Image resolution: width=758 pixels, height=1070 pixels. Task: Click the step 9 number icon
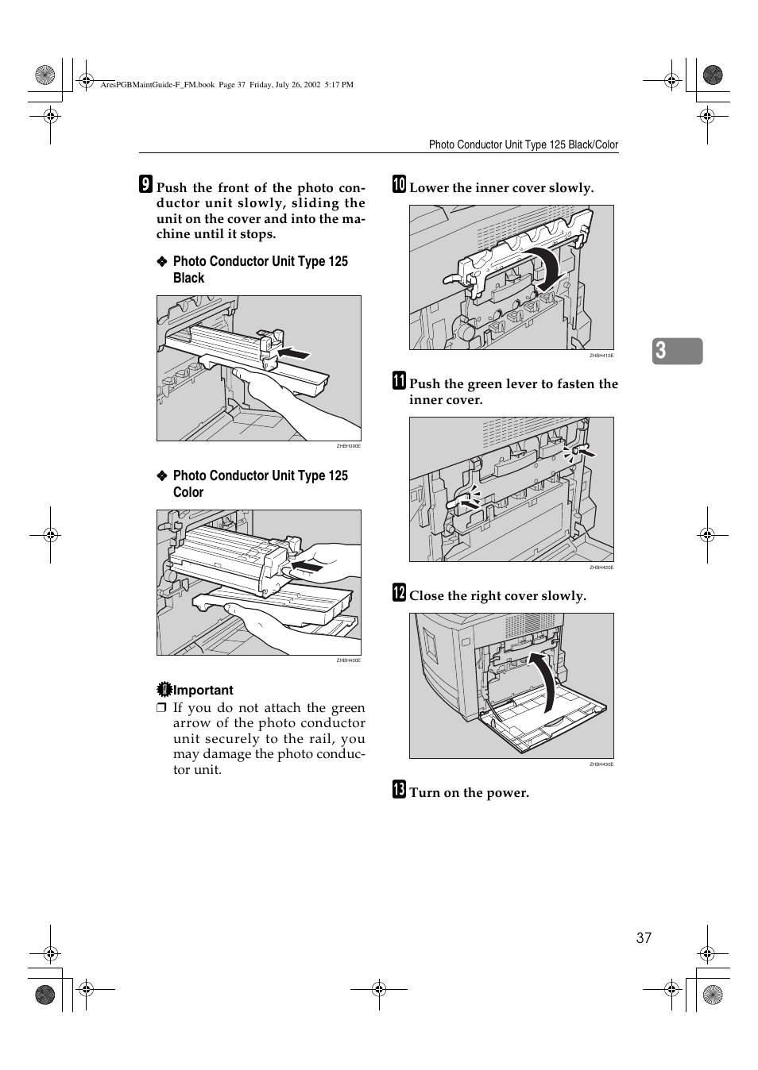145,185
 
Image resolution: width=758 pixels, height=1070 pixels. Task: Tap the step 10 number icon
399,185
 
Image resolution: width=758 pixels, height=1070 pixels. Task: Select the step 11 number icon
399,381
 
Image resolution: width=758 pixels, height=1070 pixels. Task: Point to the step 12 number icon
399,593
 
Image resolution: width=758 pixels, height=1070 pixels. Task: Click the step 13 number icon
399,790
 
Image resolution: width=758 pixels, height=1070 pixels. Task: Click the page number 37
644,938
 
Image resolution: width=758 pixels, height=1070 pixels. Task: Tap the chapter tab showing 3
677,351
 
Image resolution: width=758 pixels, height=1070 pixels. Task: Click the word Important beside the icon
203,691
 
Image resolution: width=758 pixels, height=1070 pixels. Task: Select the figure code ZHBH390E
349,446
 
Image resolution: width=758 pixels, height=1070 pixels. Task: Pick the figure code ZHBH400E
349,660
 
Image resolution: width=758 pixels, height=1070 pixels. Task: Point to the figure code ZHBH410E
601,356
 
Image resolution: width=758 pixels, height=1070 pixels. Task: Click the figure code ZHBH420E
601,568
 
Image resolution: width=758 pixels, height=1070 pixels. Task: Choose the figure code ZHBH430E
601,764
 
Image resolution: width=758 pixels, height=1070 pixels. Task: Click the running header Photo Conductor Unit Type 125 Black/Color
523,144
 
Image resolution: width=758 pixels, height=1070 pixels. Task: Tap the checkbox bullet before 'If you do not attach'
161,708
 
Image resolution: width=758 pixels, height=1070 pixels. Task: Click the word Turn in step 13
425,792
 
